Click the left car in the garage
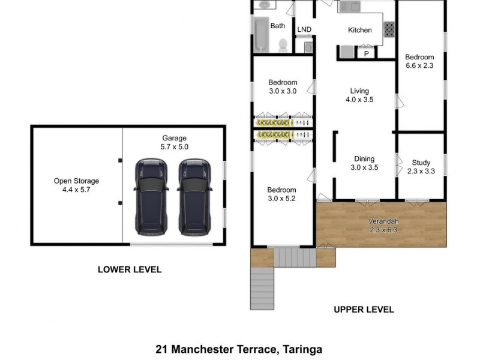click(149, 196)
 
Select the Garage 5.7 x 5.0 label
click(175, 142)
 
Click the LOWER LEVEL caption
click(130, 270)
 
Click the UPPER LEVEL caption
click(364, 310)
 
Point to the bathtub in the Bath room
click(261, 34)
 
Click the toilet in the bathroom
click(283, 44)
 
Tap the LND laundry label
click(304, 30)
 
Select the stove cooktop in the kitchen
click(389, 28)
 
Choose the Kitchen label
click(360, 30)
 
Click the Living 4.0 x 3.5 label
click(360, 95)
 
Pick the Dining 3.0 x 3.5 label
click(364, 163)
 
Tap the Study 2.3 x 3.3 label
click(421, 167)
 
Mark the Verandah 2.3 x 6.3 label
click(383, 225)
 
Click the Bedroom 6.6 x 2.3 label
click(419, 61)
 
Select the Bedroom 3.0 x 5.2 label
click(282, 194)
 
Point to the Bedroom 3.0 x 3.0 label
click(283, 86)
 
